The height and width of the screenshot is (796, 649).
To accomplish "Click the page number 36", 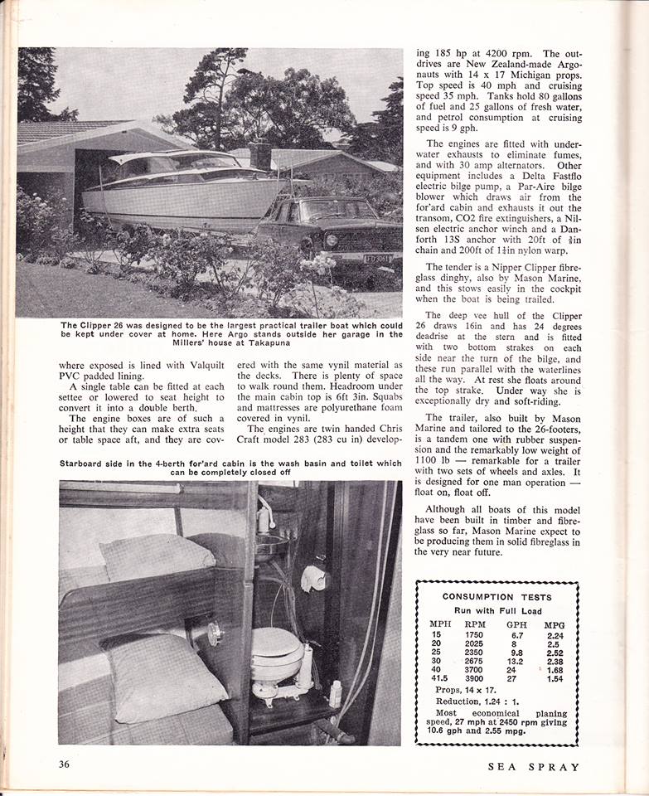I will [65, 764].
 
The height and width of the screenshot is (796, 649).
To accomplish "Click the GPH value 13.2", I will [516, 661].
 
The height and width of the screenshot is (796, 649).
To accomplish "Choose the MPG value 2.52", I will [554, 652].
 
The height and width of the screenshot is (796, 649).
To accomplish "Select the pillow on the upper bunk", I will [158, 555].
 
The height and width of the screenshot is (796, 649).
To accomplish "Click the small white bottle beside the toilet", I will [335, 693].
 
